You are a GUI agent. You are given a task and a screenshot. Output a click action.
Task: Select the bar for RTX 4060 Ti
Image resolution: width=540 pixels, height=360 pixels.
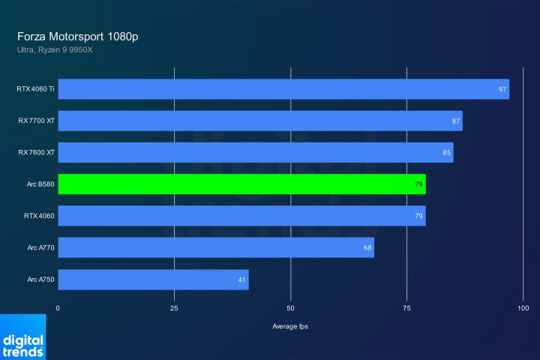click(x=283, y=89)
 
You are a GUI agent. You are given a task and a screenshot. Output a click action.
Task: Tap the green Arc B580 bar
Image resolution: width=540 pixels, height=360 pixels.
click(x=241, y=184)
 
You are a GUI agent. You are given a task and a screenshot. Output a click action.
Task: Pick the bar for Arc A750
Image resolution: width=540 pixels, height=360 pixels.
click(x=153, y=280)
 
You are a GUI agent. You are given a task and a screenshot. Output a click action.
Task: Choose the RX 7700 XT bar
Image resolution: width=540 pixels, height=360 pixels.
click(x=260, y=121)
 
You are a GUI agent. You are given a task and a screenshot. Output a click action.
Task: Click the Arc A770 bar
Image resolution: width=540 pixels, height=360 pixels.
click(x=216, y=247)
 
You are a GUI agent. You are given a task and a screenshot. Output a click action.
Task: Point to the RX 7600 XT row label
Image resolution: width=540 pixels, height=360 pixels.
click(x=37, y=153)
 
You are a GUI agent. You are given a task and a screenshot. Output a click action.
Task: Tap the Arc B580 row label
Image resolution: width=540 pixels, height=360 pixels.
click(x=40, y=184)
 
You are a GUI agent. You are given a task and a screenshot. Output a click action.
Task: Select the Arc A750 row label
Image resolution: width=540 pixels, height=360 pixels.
click(x=40, y=280)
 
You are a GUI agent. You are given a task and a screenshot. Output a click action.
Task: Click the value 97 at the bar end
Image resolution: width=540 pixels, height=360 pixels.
click(x=502, y=89)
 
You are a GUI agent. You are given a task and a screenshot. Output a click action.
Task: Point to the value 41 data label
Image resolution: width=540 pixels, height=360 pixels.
click(x=242, y=280)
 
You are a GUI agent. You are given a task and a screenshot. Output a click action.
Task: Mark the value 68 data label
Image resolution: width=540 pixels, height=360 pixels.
click(x=367, y=247)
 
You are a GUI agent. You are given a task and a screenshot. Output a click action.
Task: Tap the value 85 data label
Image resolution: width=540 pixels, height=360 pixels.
click(x=447, y=153)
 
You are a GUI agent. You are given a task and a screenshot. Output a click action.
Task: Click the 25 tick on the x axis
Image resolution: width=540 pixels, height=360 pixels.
click(x=174, y=308)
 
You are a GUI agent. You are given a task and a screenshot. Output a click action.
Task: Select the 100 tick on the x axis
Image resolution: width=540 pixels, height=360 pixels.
click(x=523, y=308)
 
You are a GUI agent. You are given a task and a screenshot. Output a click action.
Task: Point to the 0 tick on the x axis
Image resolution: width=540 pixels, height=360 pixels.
click(x=58, y=308)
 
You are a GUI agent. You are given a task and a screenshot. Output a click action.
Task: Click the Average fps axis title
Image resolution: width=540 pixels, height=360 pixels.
click(x=290, y=326)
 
